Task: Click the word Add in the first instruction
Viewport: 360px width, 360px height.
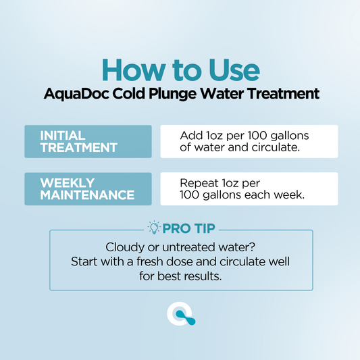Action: pyautogui.click(x=190, y=135)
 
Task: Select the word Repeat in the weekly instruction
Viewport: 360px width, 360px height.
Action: pyautogui.click(x=199, y=182)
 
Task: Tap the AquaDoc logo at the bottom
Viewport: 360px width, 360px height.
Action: pyautogui.click(x=180, y=314)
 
